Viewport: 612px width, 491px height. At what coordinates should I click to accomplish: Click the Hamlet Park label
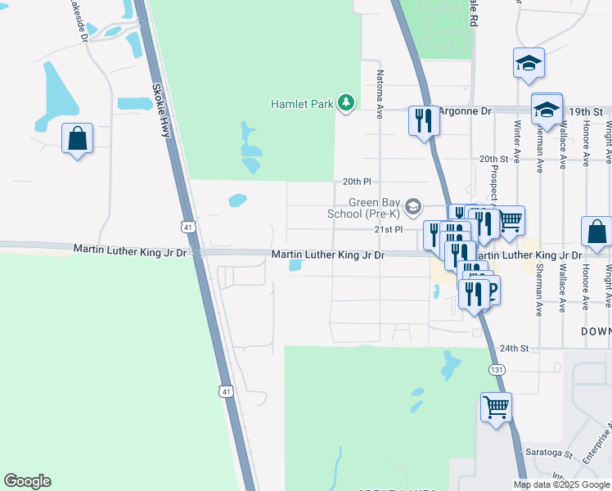[303, 104]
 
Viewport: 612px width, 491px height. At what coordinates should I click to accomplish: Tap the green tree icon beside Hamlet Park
[347, 102]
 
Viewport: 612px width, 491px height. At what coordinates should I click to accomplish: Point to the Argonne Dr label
[464, 110]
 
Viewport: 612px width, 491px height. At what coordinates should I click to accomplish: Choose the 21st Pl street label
[389, 230]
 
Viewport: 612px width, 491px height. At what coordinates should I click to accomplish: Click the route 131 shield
[497, 370]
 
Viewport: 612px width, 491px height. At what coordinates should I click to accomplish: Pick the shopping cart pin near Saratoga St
[496, 407]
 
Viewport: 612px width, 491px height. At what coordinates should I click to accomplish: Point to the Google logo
[27, 481]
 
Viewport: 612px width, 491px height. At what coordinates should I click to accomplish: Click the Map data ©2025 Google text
[561, 484]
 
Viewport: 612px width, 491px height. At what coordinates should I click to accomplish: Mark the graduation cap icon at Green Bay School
[414, 206]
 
